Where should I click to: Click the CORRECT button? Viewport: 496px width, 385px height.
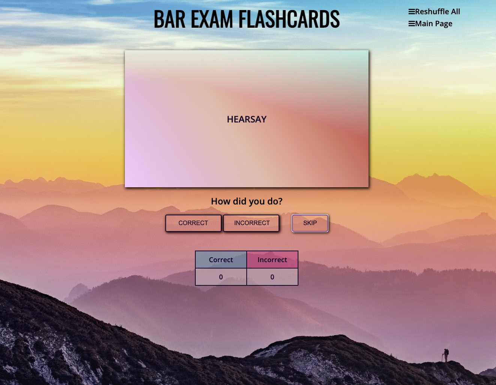point(193,223)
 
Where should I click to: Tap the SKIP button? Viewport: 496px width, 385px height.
point(310,223)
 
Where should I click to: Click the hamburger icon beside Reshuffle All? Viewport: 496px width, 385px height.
point(412,12)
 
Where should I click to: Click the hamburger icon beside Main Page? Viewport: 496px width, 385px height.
point(412,24)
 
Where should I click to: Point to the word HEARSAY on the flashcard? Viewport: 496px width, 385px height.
point(247,119)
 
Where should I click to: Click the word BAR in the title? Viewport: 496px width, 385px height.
point(169,19)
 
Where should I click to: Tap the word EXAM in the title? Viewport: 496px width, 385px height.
point(212,19)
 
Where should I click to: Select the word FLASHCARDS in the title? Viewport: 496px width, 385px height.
point(289,19)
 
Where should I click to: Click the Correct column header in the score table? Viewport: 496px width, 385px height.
point(221,260)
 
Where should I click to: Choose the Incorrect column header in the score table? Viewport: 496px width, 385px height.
point(272,260)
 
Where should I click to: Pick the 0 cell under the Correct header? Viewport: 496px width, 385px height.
point(221,277)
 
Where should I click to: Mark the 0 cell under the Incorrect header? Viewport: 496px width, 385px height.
point(272,277)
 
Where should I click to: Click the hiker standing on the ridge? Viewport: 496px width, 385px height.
point(445,355)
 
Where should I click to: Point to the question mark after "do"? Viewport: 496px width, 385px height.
point(280,201)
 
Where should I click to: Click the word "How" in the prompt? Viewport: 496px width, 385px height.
point(220,201)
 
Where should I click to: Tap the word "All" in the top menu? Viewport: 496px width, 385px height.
point(455,12)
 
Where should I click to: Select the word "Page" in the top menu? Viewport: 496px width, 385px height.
point(444,24)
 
